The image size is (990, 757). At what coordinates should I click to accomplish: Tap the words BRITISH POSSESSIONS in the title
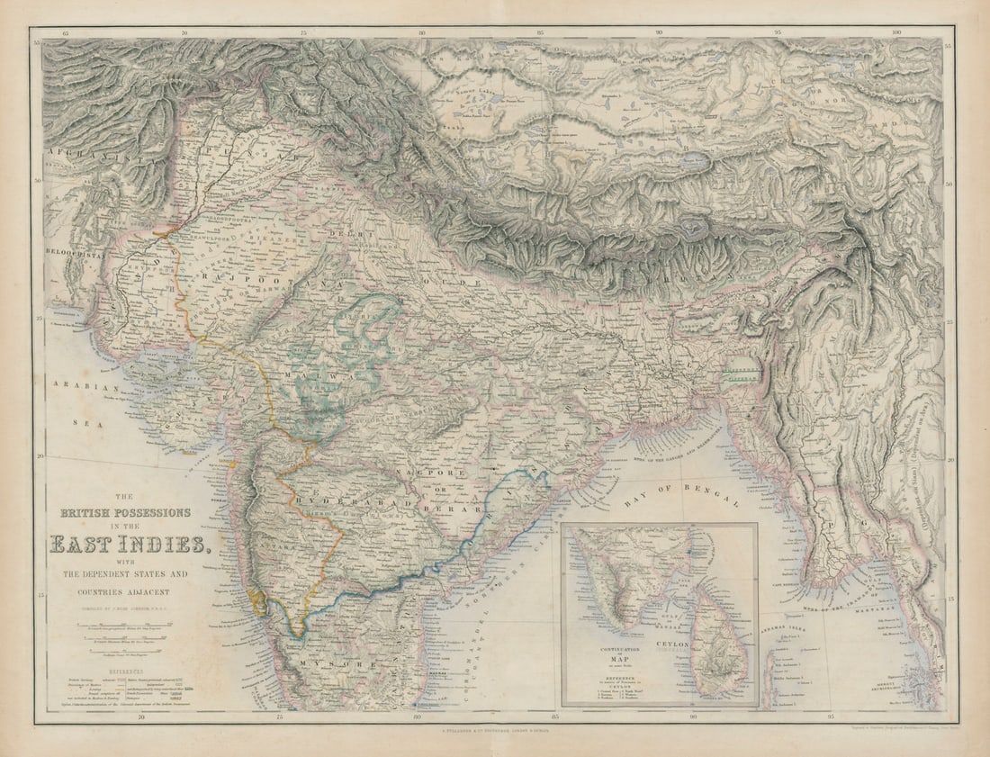pos(126,512)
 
